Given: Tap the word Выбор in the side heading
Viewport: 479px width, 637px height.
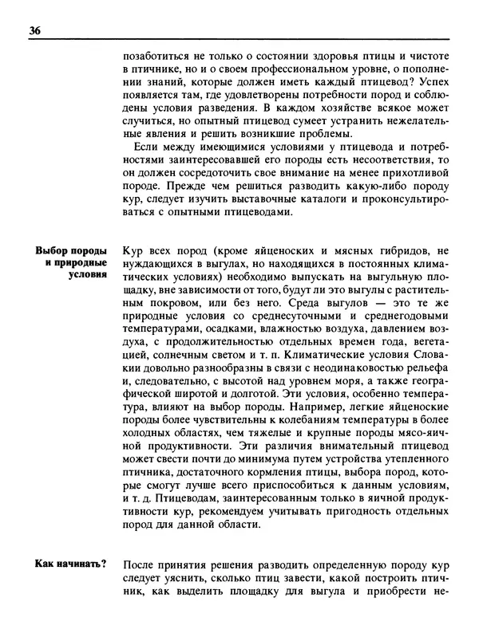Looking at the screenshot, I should coord(53,250).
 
